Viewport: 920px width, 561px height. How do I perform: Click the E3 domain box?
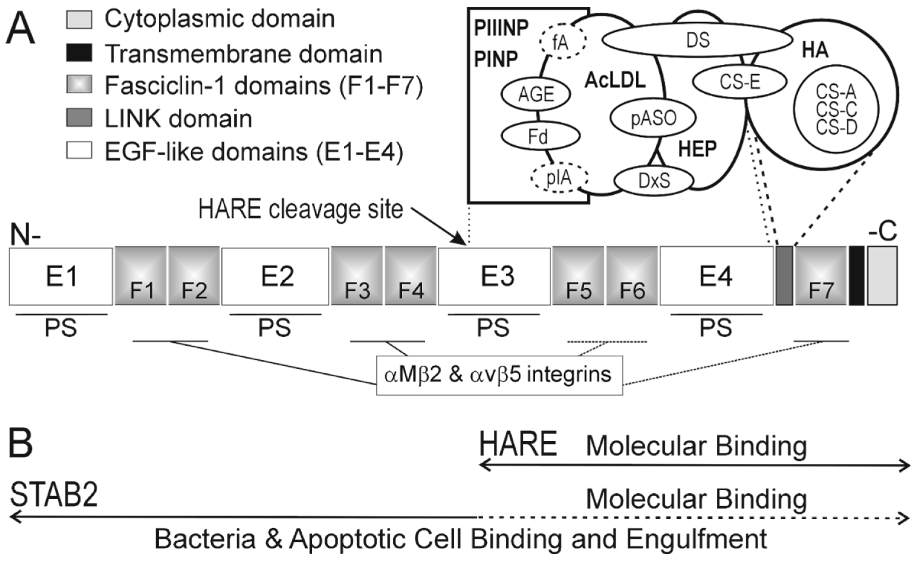[494, 276]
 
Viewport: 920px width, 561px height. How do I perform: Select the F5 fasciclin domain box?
[578, 276]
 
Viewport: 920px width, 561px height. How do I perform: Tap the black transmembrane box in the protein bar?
[856, 276]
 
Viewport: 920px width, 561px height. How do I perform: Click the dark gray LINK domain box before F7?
[784, 276]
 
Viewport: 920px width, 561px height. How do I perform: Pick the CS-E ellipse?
[739, 82]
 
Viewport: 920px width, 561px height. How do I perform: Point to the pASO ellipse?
[653, 118]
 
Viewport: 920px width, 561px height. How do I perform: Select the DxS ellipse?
[654, 181]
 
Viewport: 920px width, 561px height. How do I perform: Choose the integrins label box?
[499, 375]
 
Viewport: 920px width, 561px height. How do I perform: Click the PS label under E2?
[275, 328]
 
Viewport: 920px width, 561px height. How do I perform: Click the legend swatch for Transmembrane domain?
[79, 53]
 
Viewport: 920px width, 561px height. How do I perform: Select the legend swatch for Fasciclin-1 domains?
[79, 85]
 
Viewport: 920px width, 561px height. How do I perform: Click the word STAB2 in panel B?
[54, 495]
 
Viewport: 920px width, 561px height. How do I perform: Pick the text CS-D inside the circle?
[836, 128]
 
